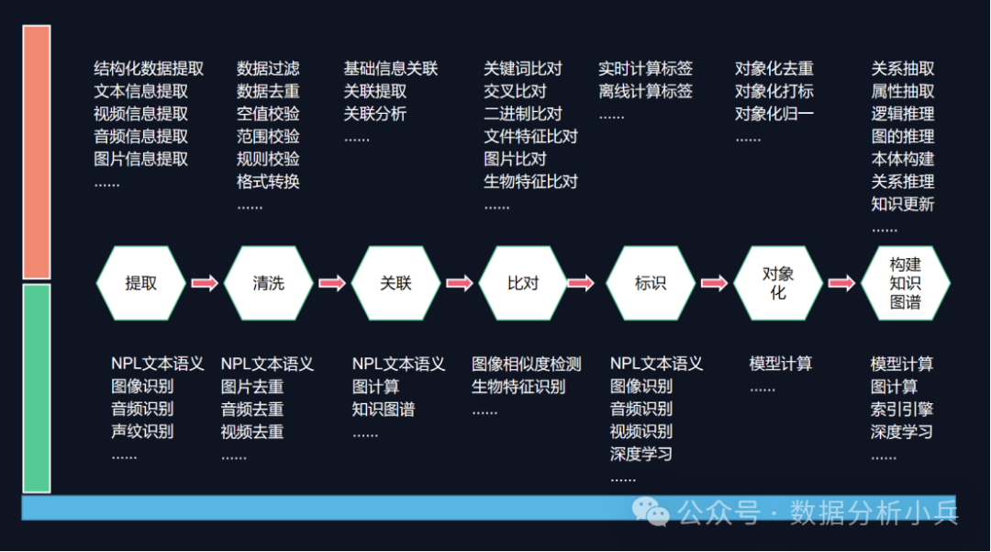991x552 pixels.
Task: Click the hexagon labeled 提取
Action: click(x=140, y=283)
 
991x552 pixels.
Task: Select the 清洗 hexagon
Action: click(x=268, y=283)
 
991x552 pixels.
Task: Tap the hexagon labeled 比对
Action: click(x=523, y=283)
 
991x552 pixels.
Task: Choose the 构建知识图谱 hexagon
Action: click(x=905, y=283)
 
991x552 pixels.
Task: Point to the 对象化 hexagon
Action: click(x=778, y=283)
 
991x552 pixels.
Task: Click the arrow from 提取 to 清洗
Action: click(x=205, y=283)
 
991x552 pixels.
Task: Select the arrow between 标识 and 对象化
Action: click(x=714, y=283)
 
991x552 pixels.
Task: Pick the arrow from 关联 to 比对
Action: click(x=459, y=283)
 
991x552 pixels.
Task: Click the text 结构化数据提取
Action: click(x=149, y=69)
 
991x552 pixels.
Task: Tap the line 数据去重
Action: click(x=268, y=91)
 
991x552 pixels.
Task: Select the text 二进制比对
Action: click(x=523, y=114)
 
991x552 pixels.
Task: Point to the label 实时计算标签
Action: click(x=645, y=69)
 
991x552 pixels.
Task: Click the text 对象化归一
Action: click(x=774, y=114)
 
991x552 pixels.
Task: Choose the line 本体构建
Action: click(x=903, y=159)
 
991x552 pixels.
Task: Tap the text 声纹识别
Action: click(x=142, y=431)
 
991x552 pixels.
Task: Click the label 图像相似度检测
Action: click(x=527, y=364)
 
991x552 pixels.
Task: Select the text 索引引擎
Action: click(x=902, y=409)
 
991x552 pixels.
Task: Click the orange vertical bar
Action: click(x=37, y=152)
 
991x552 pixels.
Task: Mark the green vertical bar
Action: click(x=37, y=388)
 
